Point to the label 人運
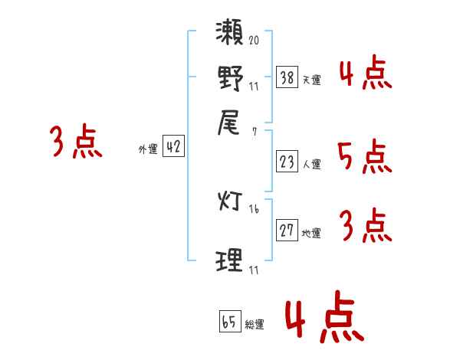[312, 164]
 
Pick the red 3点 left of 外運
[76, 142]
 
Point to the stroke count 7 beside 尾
[254, 132]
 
